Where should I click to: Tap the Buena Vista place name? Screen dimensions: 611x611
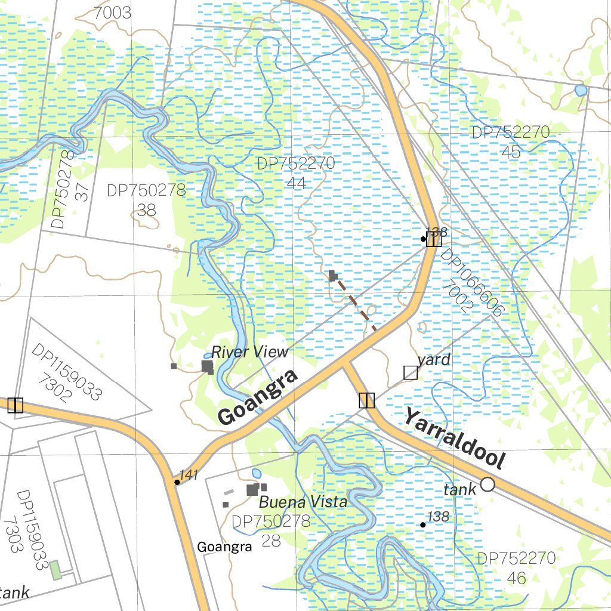click(x=303, y=502)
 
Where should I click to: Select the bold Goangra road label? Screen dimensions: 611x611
click(x=257, y=397)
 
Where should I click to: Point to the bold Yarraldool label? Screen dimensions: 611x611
click(x=455, y=437)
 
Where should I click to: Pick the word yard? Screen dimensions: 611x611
click(x=434, y=360)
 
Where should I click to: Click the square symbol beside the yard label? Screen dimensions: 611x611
click(x=411, y=373)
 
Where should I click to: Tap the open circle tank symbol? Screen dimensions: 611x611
click(x=487, y=484)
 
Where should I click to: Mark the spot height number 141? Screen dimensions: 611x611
click(x=189, y=475)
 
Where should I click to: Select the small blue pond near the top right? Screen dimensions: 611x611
click(x=580, y=91)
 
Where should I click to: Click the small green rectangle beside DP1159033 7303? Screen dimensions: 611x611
click(x=55, y=570)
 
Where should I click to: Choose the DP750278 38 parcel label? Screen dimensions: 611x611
click(x=146, y=199)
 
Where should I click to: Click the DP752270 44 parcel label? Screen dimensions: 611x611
click(x=296, y=172)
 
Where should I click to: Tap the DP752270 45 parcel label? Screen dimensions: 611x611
click(x=511, y=142)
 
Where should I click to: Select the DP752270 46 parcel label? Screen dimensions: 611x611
click(x=516, y=568)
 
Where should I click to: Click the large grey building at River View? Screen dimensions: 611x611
click(x=207, y=366)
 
